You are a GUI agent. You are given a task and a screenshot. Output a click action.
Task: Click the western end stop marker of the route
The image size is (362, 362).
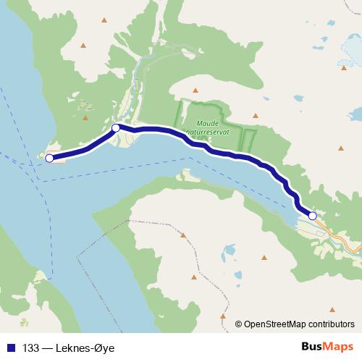49,158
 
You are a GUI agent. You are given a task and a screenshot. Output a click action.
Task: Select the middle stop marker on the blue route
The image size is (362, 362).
116,128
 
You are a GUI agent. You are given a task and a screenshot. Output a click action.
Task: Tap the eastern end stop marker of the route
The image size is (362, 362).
312,215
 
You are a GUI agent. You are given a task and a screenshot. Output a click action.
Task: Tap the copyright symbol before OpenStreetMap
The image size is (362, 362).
238,324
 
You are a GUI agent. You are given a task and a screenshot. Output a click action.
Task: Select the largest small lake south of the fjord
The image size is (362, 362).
229,251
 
